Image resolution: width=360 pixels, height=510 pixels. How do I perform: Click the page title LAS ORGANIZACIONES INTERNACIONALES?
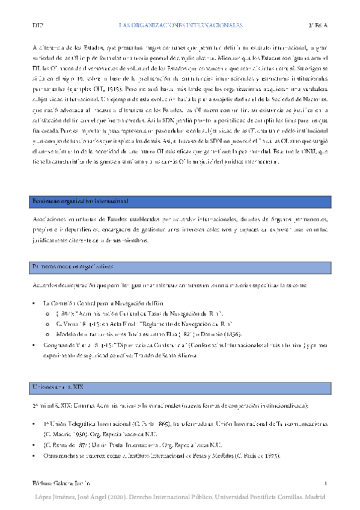(180, 26)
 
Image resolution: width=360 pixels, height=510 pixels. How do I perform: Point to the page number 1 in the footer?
(325, 484)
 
